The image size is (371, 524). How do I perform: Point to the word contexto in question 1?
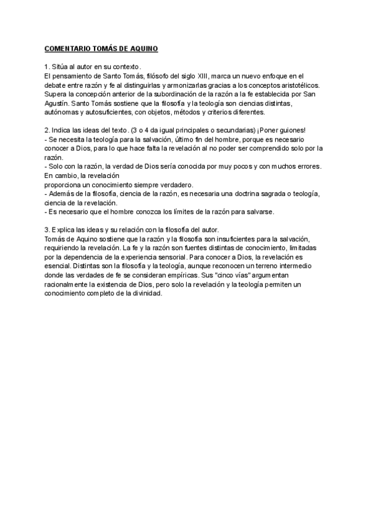(126, 67)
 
